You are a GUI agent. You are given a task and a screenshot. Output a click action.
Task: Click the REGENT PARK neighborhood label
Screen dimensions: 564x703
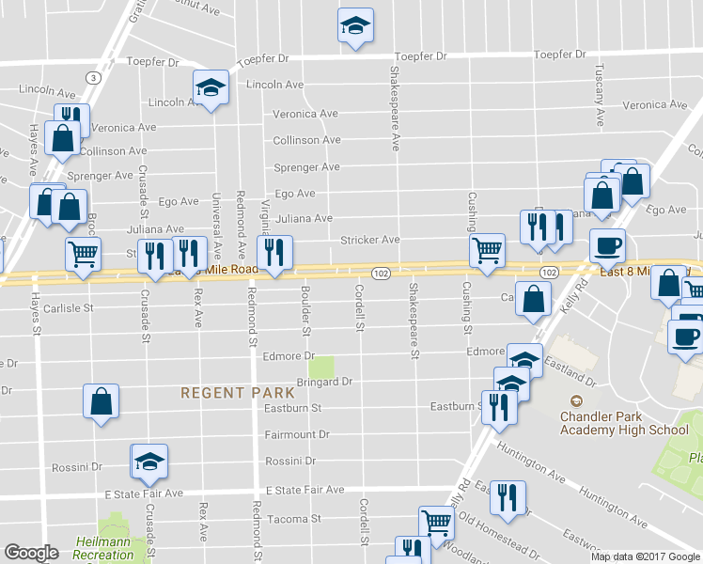tap(226, 393)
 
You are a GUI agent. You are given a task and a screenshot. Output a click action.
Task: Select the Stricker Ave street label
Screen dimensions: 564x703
tap(370, 241)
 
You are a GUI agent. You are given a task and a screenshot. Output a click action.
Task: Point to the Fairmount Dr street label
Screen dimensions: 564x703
tap(297, 435)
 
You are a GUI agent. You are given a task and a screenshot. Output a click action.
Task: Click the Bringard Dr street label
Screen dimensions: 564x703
tap(324, 382)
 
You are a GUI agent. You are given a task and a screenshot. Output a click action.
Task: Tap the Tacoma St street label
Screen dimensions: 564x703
tap(293, 518)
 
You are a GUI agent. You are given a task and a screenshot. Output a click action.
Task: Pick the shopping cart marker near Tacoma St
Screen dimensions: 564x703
tap(435, 522)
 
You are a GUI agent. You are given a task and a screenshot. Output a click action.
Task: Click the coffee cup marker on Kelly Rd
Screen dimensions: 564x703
tap(608, 244)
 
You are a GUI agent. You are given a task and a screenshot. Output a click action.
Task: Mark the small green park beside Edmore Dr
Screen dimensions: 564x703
tap(321, 366)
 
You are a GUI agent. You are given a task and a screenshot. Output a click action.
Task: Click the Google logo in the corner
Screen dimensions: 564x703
tap(31, 554)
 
